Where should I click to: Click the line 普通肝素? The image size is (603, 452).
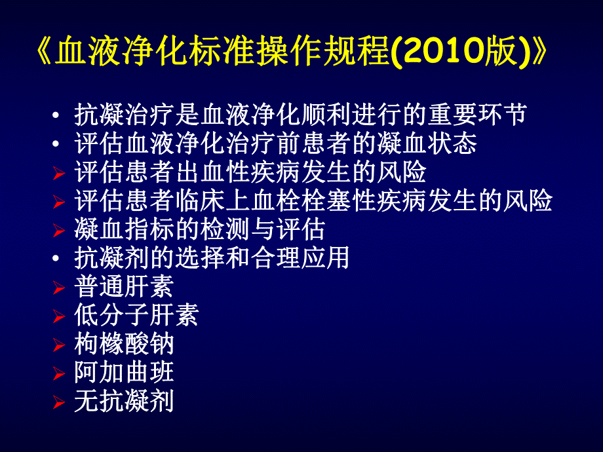[x=124, y=287]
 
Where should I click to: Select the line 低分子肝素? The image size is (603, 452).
[x=136, y=316]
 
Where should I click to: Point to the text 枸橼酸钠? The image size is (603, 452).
[x=124, y=344]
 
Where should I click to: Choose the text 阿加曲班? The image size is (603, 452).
[x=124, y=372]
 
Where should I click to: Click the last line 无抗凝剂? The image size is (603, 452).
[x=124, y=401]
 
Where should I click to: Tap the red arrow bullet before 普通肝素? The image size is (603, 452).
[x=59, y=288]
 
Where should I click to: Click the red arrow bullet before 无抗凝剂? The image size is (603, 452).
[x=59, y=402]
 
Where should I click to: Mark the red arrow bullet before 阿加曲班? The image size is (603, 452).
[x=59, y=373]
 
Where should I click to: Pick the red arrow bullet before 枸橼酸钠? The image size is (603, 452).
[x=59, y=345]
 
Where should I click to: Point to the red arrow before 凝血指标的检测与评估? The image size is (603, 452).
[x=59, y=231]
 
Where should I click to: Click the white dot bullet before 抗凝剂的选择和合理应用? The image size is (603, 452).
[x=59, y=258]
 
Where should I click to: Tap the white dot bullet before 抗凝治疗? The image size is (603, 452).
[x=59, y=116]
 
